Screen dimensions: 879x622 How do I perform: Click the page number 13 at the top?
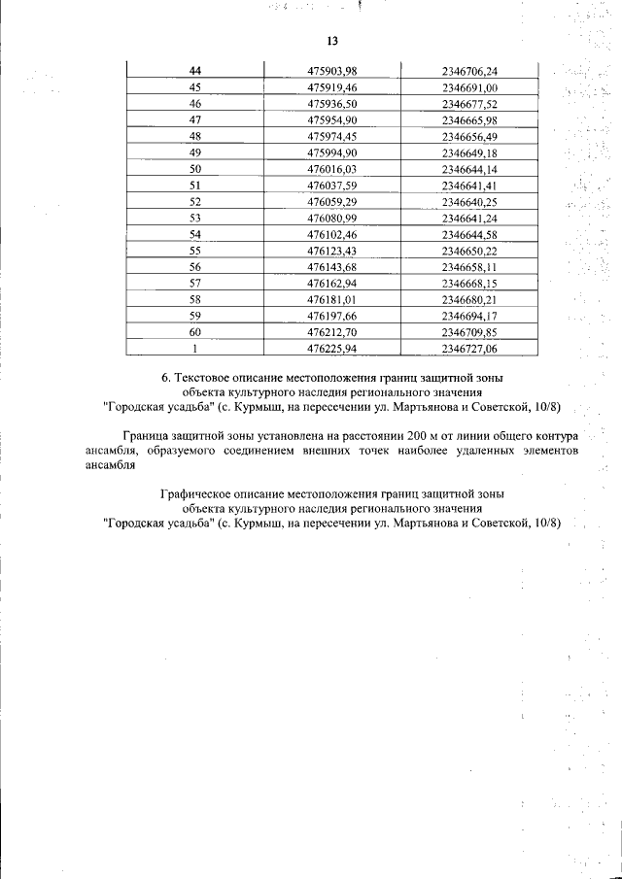(x=331, y=41)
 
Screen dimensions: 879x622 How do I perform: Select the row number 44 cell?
(x=194, y=71)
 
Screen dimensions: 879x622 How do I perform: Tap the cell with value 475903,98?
(x=332, y=71)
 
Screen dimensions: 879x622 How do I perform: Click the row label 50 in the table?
(x=194, y=169)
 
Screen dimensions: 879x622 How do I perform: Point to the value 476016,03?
(x=332, y=169)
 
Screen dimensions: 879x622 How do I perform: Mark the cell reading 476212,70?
(x=332, y=332)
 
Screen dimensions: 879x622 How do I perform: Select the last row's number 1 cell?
(x=194, y=349)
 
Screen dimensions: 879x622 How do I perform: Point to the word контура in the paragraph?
(x=557, y=436)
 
